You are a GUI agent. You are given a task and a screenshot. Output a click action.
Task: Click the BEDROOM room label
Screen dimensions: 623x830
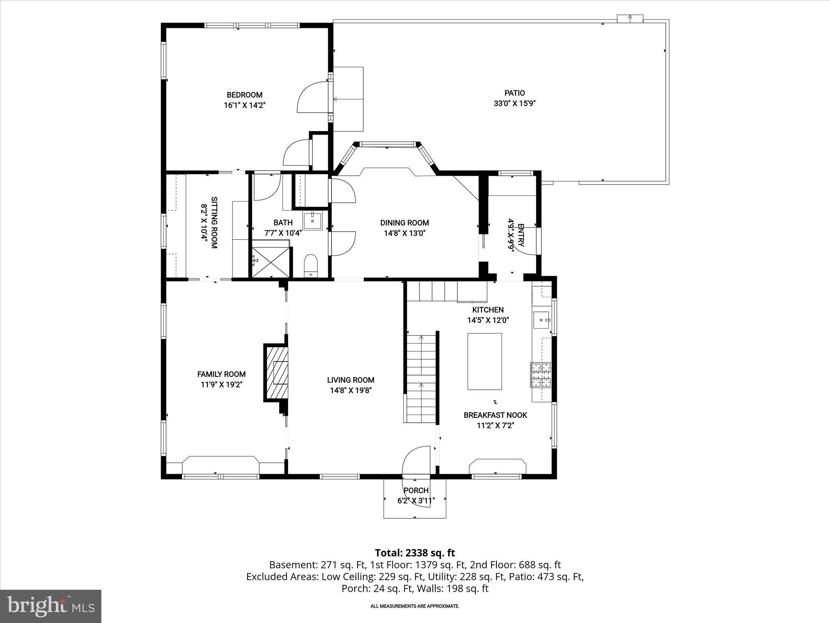(x=244, y=95)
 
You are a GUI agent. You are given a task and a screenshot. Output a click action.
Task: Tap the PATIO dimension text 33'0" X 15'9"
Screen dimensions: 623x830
(x=515, y=103)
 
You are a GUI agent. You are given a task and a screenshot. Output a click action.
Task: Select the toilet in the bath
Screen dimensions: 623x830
(x=311, y=265)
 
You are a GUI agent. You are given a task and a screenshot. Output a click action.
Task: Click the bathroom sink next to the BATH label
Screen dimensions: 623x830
(x=312, y=221)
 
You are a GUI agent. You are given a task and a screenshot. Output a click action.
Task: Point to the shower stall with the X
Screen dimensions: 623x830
(x=271, y=262)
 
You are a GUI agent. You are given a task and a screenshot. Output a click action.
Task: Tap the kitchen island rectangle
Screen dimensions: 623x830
(x=485, y=361)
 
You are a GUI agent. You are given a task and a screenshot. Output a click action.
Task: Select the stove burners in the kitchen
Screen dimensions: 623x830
(x=541, y=375)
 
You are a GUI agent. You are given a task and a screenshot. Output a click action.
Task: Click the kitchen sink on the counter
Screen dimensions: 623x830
(x=541, y=320)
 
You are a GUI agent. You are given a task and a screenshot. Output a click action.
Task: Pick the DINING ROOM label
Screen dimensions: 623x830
(x=404, y=223)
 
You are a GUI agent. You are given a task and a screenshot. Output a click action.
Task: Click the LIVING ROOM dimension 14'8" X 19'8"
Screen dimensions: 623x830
(x=351, y=391)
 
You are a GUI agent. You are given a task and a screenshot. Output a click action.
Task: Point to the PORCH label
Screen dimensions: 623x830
(x=416, y=490)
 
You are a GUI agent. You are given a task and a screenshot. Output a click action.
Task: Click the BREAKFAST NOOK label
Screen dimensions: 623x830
(x=495, y=415)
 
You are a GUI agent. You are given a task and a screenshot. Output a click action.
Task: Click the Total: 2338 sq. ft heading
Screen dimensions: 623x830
(x=415, y=553)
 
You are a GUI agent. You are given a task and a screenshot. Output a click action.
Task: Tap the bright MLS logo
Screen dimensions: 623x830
(x=51, y=606)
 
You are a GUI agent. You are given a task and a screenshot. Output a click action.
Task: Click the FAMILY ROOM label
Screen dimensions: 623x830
(x=221, y=374)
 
